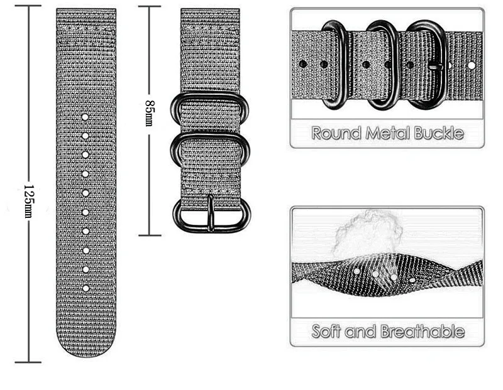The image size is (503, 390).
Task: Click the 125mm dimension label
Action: click(28, 202)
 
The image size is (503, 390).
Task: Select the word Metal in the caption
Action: click(389, 133)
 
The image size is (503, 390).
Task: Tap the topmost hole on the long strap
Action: click(85, 117)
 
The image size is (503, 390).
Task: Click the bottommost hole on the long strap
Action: click(85, 288)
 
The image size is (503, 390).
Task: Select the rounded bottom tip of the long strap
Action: click(86, 352)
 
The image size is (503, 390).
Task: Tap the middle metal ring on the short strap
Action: click(211, 148)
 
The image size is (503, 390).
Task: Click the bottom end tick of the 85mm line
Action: click(150, 236)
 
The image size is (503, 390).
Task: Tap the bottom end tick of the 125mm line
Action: click(28, 362)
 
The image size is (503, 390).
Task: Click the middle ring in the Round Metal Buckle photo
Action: click(381, 63)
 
